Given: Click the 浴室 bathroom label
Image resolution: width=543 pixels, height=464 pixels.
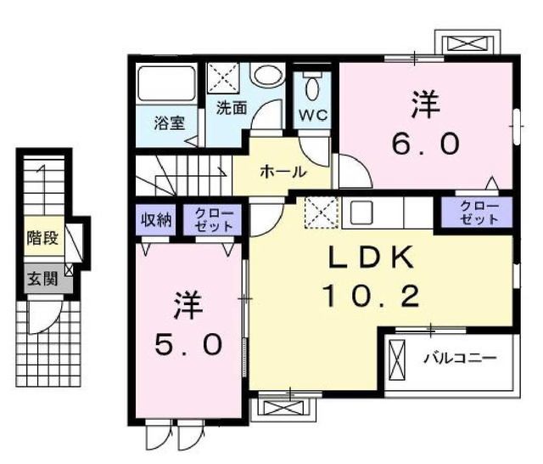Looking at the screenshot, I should (x=170, y=122).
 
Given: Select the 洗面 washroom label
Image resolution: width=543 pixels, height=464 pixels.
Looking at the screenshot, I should (x=232, y=108).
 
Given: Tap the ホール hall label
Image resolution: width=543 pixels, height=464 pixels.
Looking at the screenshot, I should (x=283, y=171).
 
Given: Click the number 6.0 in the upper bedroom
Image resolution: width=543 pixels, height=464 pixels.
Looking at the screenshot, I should (x=426, y=143).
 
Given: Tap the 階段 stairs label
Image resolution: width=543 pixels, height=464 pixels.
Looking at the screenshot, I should (x=42, y=237).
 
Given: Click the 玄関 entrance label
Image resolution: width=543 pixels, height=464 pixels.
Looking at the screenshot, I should (x=40, y=277).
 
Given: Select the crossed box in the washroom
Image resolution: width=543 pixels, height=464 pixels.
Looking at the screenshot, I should (x=226, y=79).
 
